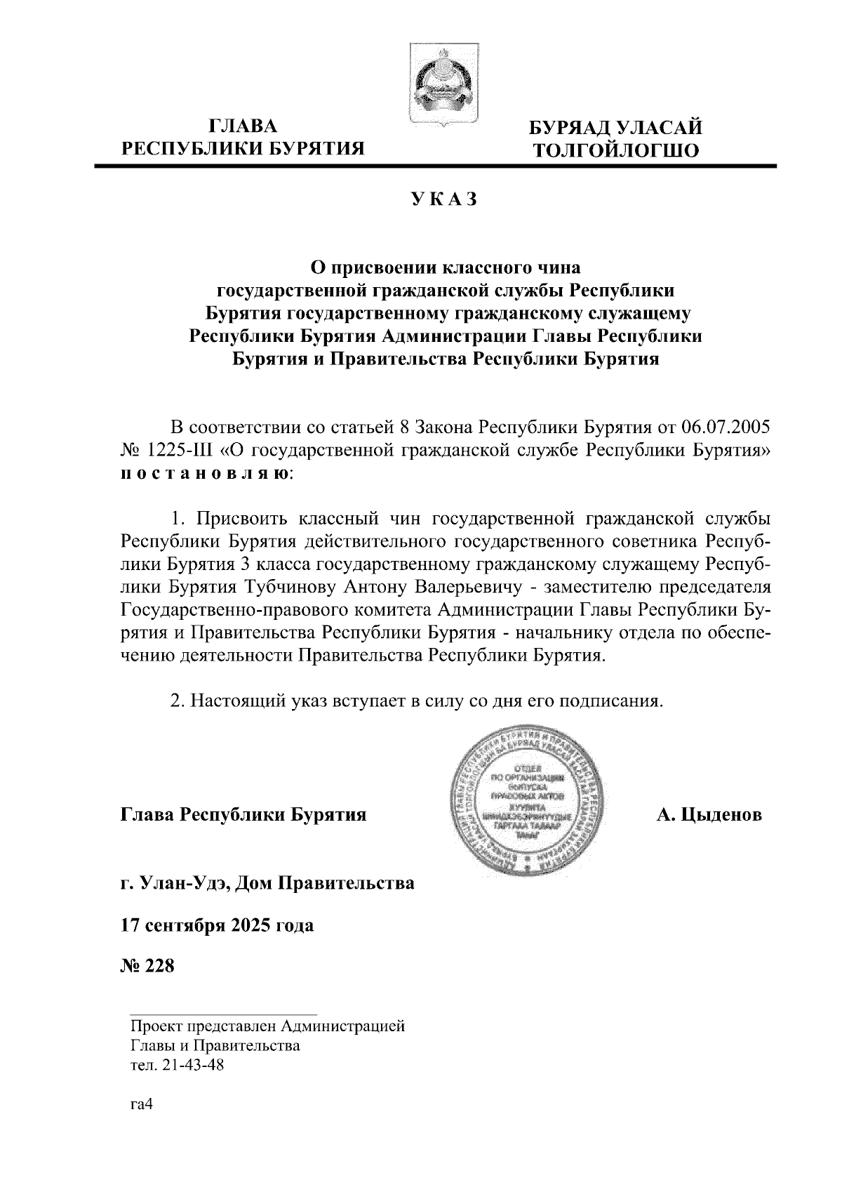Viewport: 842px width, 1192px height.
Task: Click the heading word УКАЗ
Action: click(x=445, y=199)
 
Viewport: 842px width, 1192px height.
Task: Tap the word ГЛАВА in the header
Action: click(x=243, y=126)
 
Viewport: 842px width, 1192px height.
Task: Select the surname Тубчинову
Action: click(x=294, y=586)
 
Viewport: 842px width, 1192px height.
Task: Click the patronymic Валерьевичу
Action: click(x=465, y=586)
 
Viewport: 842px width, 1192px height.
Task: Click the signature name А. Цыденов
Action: click(x=709, y=815)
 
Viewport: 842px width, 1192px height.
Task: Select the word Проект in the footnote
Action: click(x=154, y=1027)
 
